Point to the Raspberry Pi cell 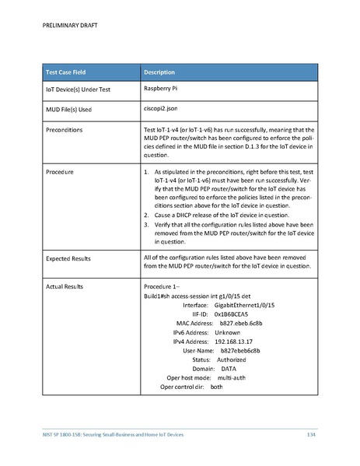point(164,89)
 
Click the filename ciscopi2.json point(163,110)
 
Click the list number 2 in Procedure point(147,213)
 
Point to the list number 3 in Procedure point(147,224)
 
